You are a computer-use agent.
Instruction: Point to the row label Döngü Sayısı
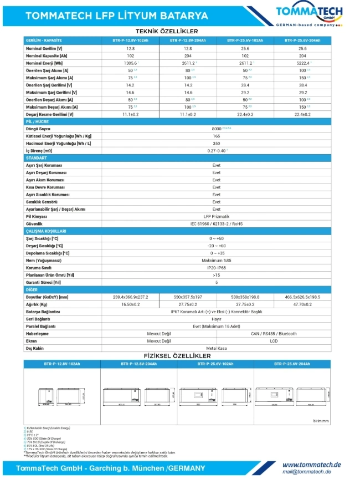pyautogui.click(x=39, y=129)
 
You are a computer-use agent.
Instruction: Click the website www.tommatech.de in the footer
pyautogui.click(x=311, y=465)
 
